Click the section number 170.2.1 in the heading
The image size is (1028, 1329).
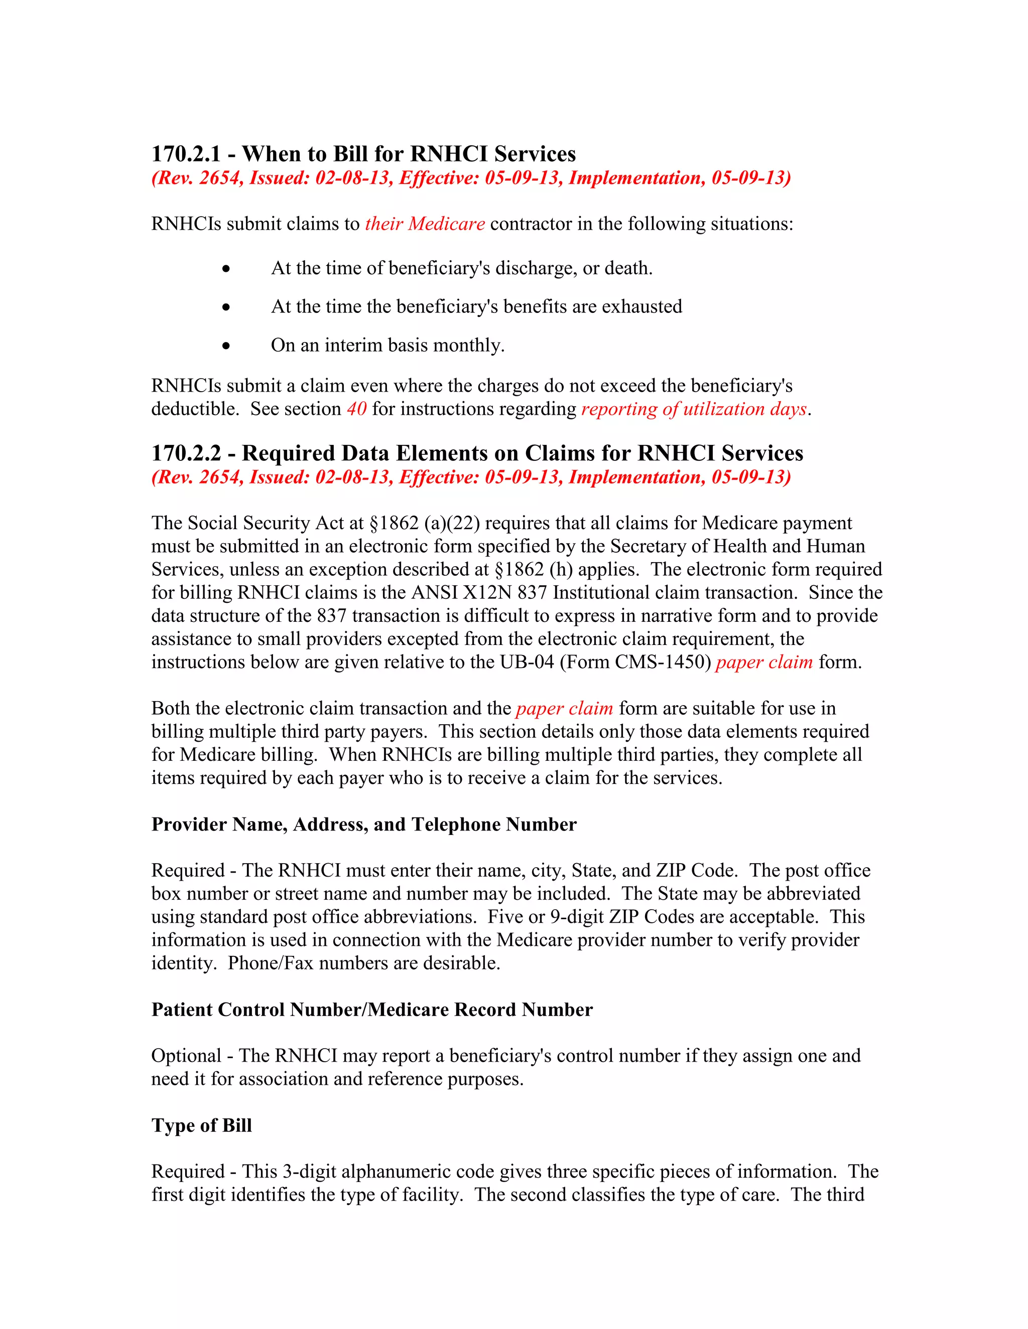click(x=186, y=154)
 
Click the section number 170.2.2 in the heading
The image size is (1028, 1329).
click(x=186, y=453)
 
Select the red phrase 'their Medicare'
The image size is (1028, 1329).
click(x=425, y=224)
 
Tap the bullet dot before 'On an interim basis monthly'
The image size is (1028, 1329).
click(x=226, y=346)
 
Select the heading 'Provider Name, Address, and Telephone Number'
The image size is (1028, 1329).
click(x=363, y=824)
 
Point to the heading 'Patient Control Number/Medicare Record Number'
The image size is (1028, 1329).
click(x=371, y=1010)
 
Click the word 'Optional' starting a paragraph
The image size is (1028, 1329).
click(x=186, y=1056)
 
